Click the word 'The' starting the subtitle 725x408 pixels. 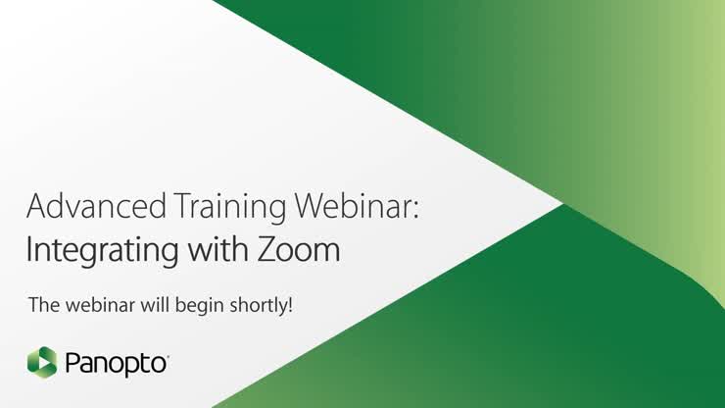point(43,305)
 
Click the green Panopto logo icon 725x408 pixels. point(42,363)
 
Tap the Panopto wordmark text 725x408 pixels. point(118,365)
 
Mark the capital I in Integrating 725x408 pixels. point(29,249)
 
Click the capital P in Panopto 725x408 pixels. point(72,364)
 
